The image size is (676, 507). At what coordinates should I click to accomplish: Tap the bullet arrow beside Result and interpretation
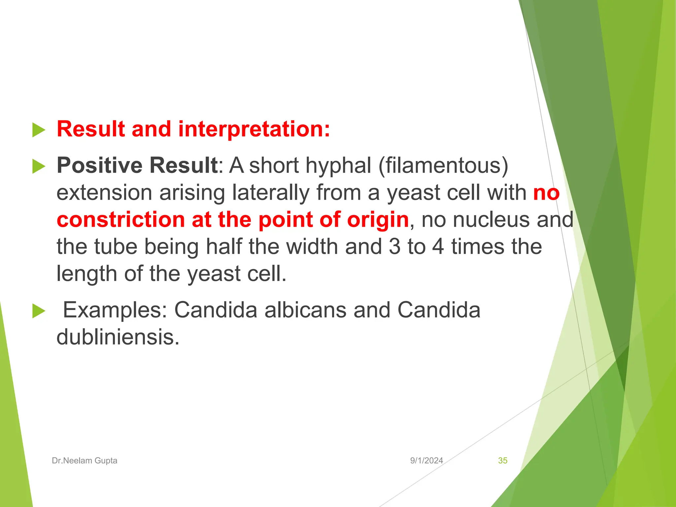pyautogui.click(x=39, y=130)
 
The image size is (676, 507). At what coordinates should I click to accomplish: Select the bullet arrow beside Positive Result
pyautogui.click(x=39, y=166)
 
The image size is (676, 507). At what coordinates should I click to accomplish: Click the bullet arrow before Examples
pyautogui.click(x=39, y=311)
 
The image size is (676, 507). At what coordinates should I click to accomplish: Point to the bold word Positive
pyautogui.click(x=99, y=165)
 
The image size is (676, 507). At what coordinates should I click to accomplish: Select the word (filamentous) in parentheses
pyautogui.click(x=443, y=165)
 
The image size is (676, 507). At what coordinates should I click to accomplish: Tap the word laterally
pyautogui.click(x=271, y=192)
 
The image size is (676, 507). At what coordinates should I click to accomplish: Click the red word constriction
pyautogui.click(x=120, y=220)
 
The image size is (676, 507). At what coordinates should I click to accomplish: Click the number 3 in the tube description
pyautogui.click(x=395, y=247)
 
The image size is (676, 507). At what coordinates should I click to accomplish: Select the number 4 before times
pyautogui.click(x=438, y=247)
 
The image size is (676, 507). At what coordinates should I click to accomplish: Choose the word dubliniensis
pyautogui.click(x=118, y=337)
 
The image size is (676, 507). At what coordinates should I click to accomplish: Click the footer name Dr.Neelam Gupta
pyautogui.click(x=84, y=460)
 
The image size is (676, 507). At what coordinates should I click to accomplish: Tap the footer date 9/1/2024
pyautogui.click(x=426, y=460)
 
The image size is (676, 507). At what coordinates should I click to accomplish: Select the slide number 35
pyautogui.click(x=502, y=460)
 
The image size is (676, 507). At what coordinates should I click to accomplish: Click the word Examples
pyautogui.click(x=115, y=310)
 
